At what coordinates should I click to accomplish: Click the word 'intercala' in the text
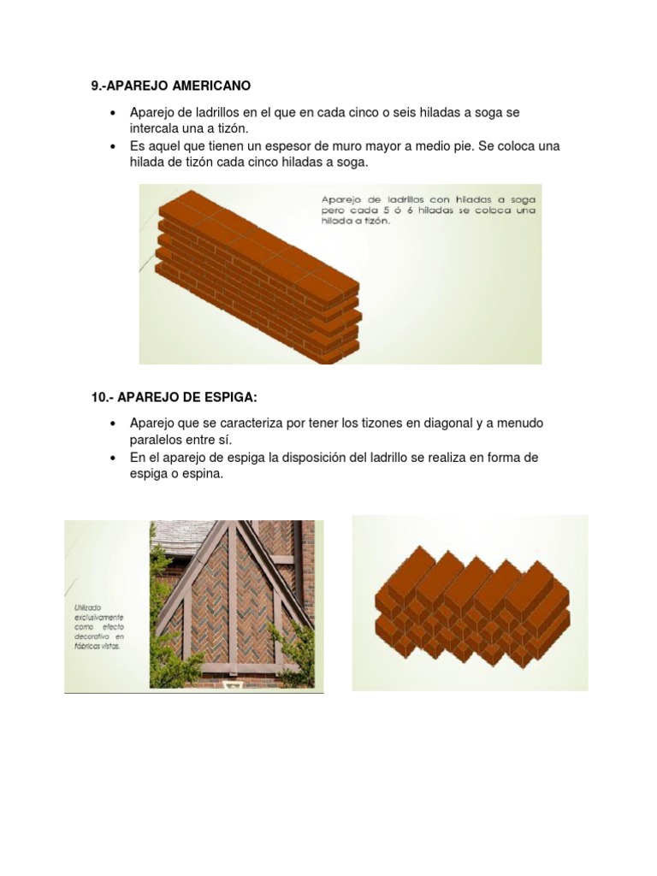155,128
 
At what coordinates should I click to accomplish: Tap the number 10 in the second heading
98,396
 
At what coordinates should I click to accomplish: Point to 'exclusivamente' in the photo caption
98,616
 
